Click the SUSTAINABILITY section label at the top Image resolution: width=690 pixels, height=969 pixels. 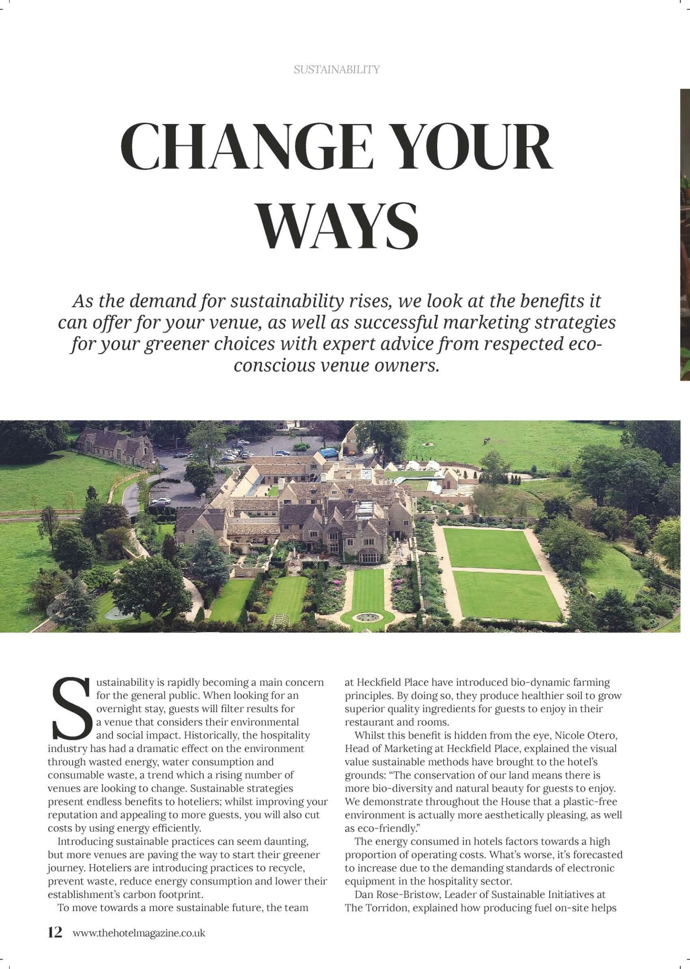[336, 69]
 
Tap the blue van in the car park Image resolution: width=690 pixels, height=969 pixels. [329, 453]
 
